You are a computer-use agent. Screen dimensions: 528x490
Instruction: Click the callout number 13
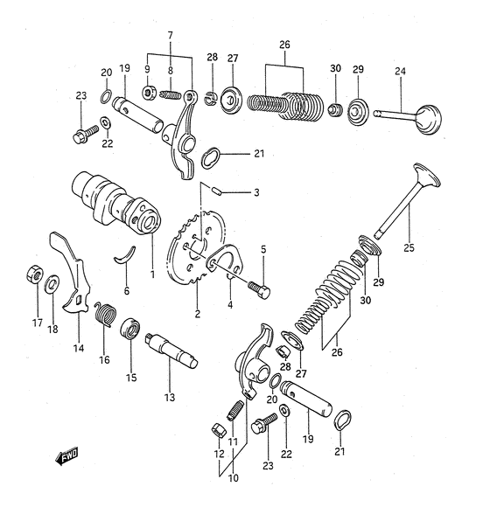coord(169,397)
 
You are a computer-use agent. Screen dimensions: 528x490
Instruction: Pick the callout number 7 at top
coord(171,35)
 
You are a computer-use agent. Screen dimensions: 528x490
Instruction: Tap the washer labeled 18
coord(52,283)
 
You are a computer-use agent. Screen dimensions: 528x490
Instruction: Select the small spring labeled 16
coord(105,312)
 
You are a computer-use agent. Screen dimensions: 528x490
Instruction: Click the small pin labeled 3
coord(218,190)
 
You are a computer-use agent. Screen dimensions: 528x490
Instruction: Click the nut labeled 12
coord(220,430)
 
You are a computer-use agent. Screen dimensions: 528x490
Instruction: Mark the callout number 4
coord(230,305)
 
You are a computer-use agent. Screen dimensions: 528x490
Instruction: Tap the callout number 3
coord(256,193)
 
